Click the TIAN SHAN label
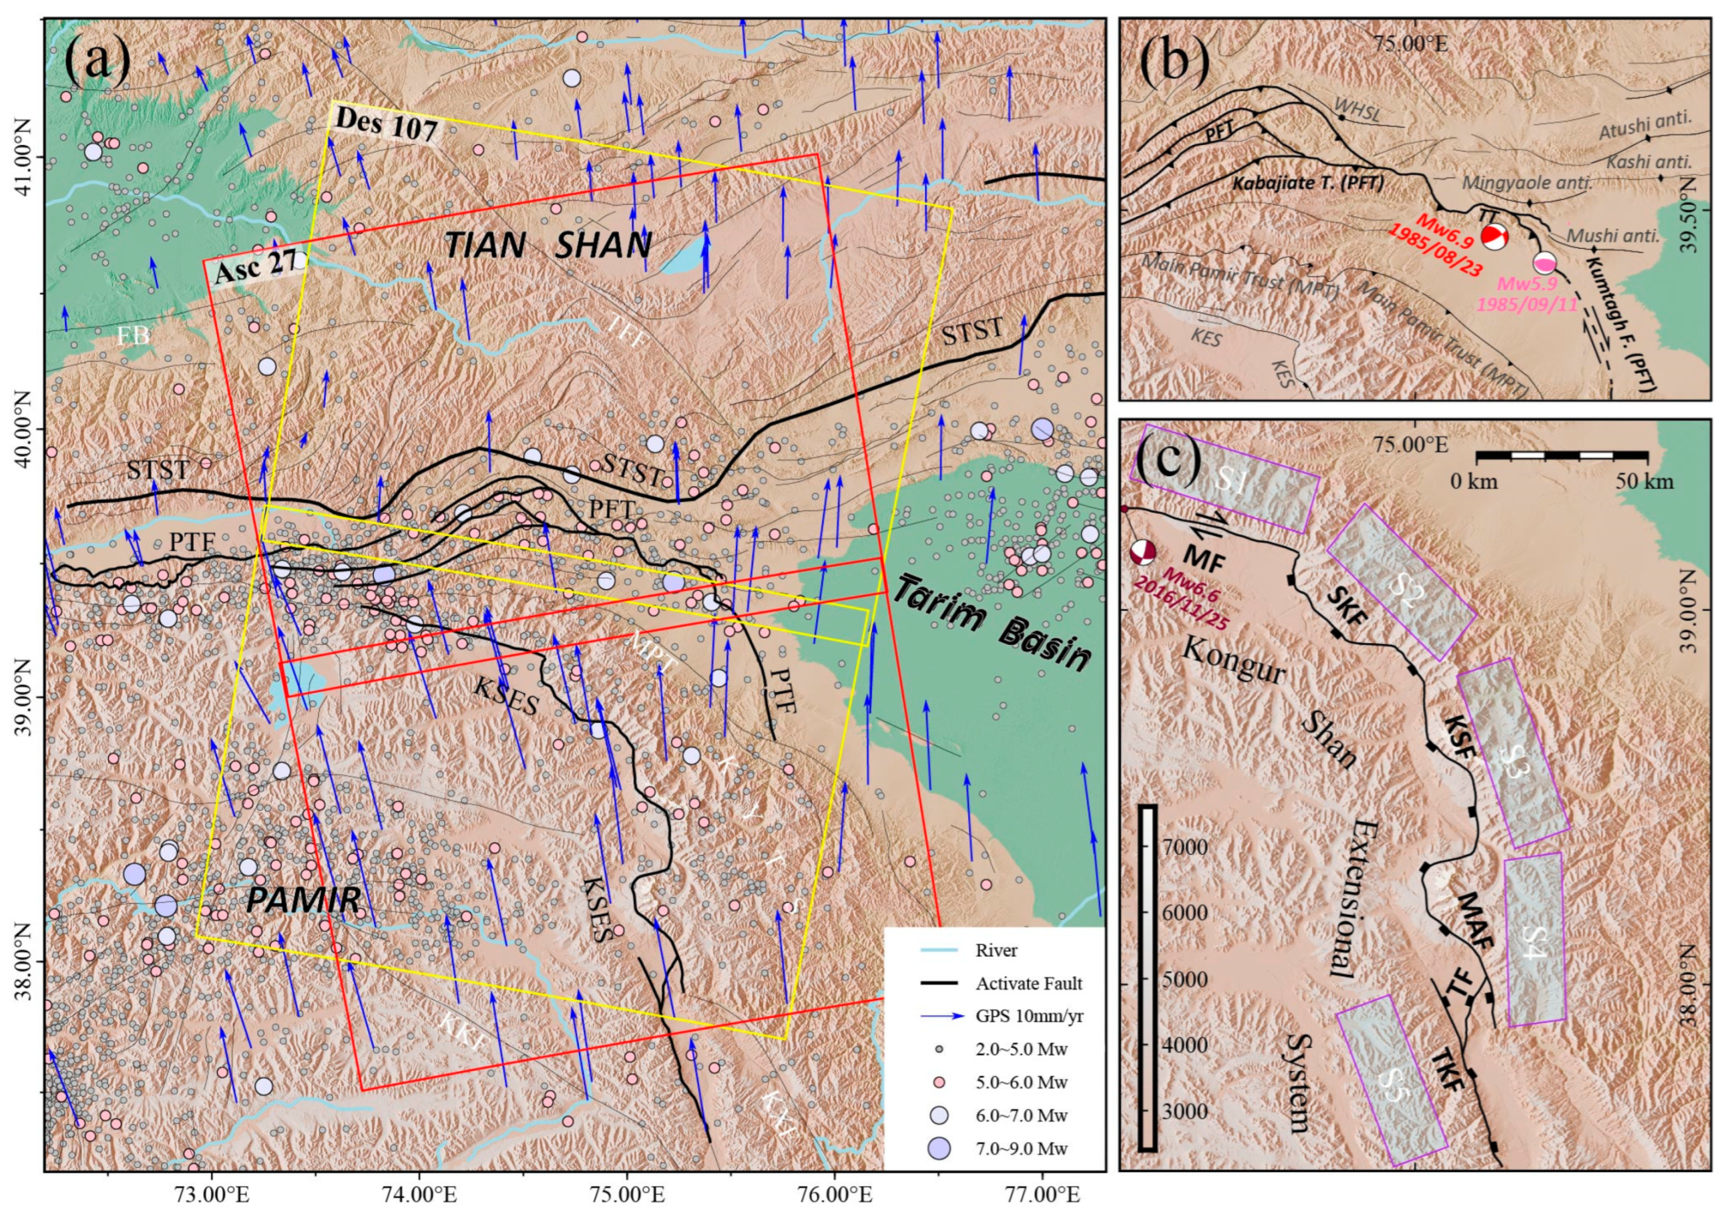click(x=548, y=246)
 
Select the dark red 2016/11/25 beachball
click(x=1143, y=552)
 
